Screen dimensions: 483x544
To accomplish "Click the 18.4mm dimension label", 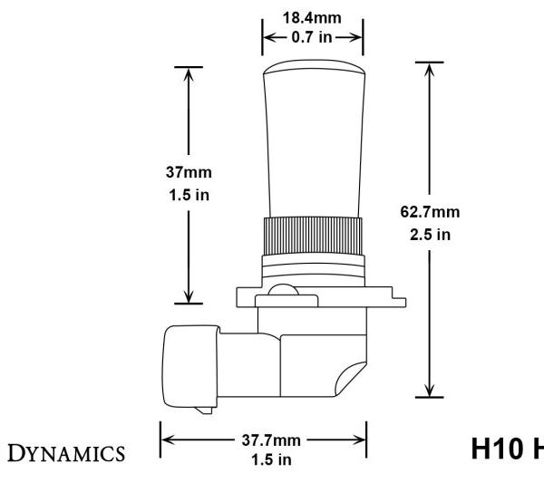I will point(313,17).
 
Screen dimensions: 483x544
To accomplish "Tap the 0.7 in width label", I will point(313,38).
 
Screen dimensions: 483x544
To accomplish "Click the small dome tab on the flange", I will point(286,291).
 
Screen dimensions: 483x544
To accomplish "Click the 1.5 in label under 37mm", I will point(189,195).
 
